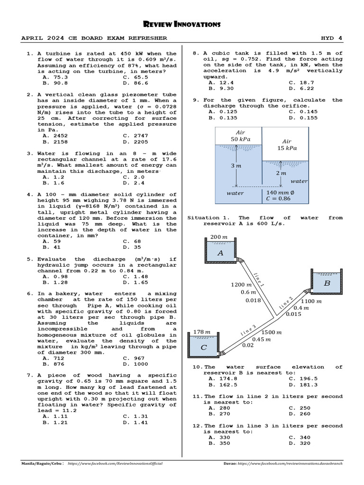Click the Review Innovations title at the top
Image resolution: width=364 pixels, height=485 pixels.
coord(182,24)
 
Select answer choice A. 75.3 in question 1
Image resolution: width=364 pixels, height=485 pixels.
coord(55,77)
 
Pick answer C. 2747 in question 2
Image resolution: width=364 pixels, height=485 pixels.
coord(135,135)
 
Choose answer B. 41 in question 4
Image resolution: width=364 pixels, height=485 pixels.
coord(52,247)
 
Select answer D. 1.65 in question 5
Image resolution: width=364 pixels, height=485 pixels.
coord(135,282)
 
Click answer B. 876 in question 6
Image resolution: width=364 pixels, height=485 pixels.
coord(54,364)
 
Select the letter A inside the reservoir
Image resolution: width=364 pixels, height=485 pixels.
coord(220,253)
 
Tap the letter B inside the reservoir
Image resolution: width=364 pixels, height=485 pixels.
coord(327,283)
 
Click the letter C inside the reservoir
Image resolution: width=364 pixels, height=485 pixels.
coord(204,347)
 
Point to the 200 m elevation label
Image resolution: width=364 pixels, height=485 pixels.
coord(219,237)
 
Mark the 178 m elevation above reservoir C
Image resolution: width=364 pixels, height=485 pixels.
coord(201,332)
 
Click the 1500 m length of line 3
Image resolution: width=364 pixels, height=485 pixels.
coord(272,332)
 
